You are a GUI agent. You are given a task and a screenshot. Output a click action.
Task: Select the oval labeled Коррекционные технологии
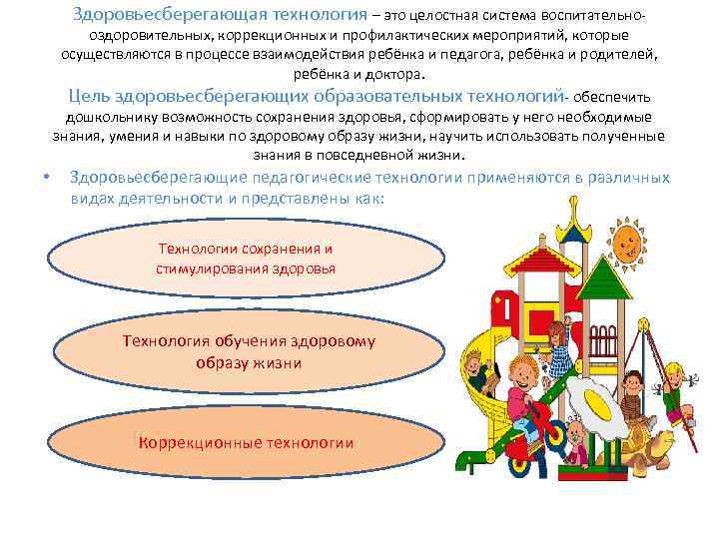tap(246, 442)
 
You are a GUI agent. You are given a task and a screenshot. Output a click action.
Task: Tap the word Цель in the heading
tap(88, 96)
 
